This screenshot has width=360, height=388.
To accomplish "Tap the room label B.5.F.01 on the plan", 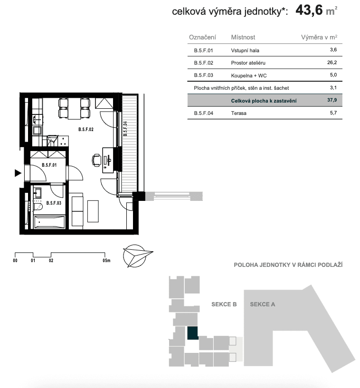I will (x=49, y=165).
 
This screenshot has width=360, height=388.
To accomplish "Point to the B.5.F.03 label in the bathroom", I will (x=54, y=203).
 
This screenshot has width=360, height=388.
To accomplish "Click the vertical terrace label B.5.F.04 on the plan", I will (x=125, y=129).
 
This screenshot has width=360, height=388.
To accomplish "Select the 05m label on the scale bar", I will (x=106, y=260).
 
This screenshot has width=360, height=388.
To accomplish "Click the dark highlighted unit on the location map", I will (x=193, y=333).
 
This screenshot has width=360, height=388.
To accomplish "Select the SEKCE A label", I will (x=263, y=304).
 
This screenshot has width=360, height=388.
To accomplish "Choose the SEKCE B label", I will (x=224, y=304).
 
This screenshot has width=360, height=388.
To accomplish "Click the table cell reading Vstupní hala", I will (x=245, y=50).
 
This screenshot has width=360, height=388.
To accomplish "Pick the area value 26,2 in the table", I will (x=332, y=63).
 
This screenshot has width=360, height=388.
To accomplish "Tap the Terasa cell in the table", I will (x=239, y=114).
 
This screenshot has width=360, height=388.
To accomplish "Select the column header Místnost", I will (x=243, y=37).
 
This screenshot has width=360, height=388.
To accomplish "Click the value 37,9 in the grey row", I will (x=332, y=101).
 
